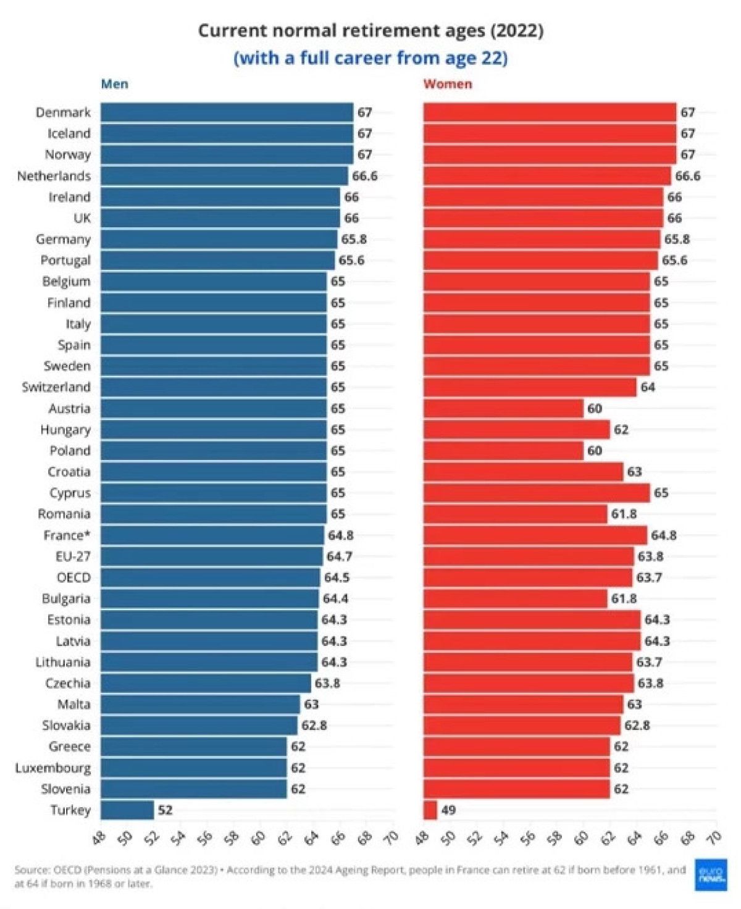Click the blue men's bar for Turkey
pos(127,810)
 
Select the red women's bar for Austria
pos(503,408)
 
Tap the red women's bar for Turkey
pos(430,810)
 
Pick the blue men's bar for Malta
pos(200,704)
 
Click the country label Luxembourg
pos(53,768)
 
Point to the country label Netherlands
pos(54,176)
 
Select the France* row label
pos(67,535)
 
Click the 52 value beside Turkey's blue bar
pos(165,810)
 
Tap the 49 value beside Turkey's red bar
pos(448,810)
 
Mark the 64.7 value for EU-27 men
pos(339,556)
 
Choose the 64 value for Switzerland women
pos(648,387)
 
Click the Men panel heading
pos(115,84)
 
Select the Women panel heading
pos(448,84)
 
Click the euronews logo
pos(711,874)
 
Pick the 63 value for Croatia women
pos(634,472)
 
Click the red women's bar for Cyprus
pos(537,493)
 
